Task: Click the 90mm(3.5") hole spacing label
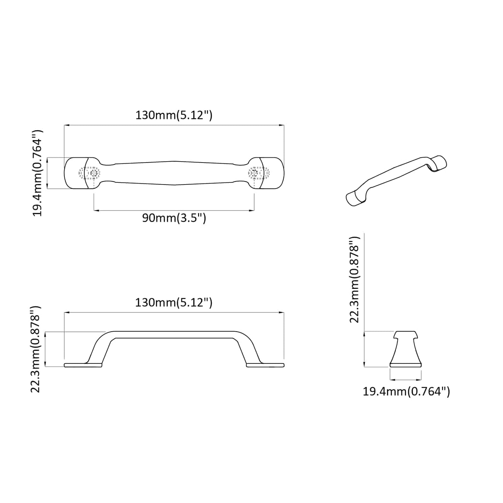[x=174, y=218]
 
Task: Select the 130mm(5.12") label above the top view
[x=174, y=115]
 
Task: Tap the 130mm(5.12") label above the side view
[x=174, y=302]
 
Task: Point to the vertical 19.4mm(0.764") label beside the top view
[x=38, y=173]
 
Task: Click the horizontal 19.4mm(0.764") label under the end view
[x=406, y=392]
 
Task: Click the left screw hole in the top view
[x=94, y=173]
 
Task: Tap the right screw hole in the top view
[x=254, y=173]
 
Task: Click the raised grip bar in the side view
[x=174, y=335]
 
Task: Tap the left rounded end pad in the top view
[x=75, y=173]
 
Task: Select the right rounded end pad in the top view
[x=273, y=173]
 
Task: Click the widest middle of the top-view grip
[x=174, y=173]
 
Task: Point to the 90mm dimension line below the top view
[x=174, y=211]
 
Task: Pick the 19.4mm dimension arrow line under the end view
[x=406, y=380]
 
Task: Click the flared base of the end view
[x=406, y=364]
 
